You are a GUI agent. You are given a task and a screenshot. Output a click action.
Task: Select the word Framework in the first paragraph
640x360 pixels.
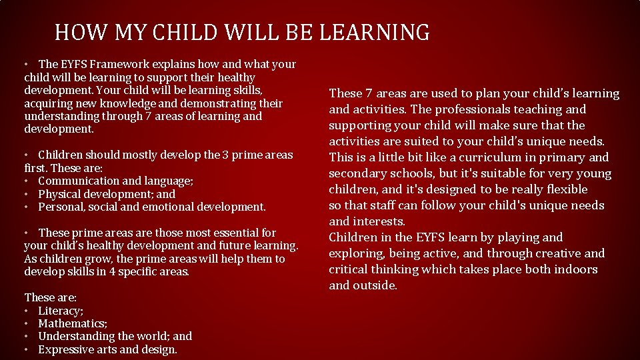(119, 65)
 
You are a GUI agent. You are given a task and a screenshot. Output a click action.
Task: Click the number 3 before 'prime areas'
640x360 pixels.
(225, 155)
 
